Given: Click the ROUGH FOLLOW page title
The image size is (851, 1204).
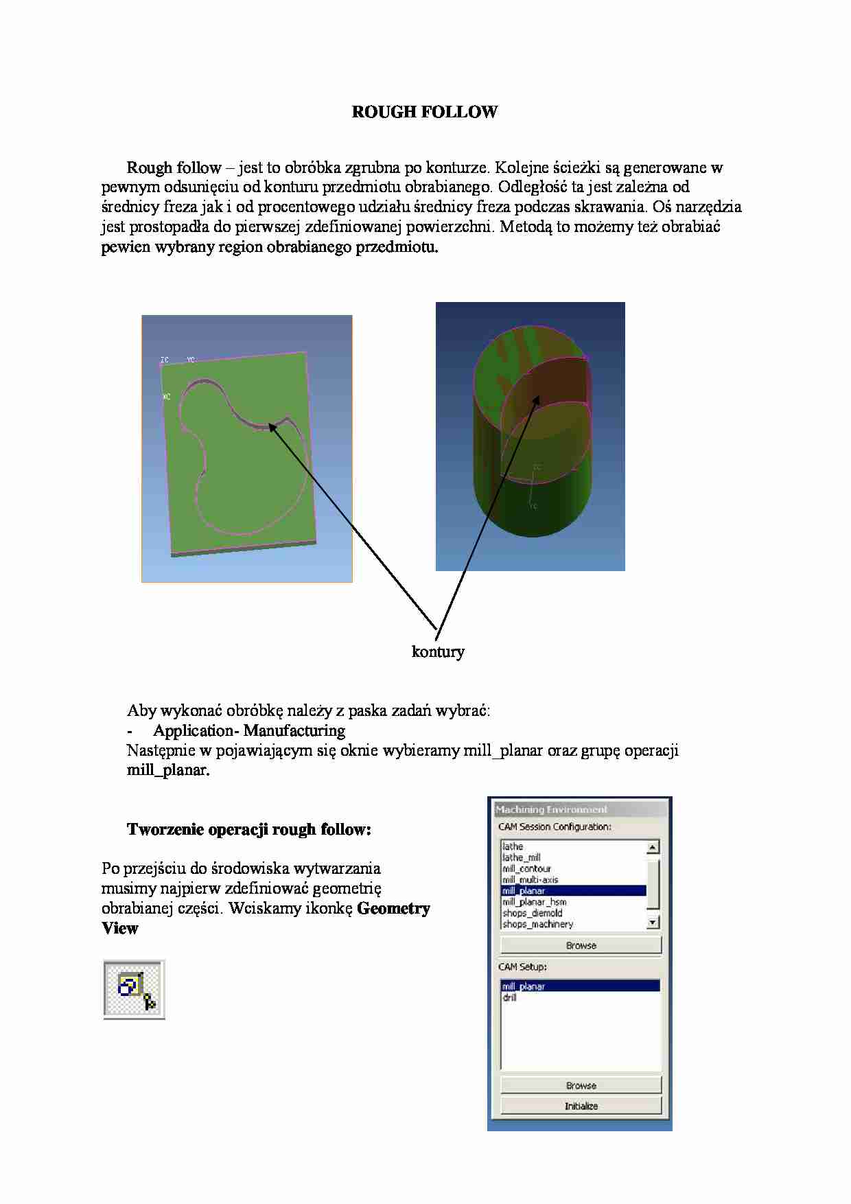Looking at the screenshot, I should point(424,112).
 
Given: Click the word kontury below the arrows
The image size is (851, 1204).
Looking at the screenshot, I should point(438,651).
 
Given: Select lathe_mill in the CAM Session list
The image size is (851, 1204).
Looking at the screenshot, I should point(522,857).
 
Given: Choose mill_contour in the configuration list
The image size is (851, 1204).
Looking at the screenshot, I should point(526,868).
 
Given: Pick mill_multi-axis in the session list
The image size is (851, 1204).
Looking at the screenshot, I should point(530,879).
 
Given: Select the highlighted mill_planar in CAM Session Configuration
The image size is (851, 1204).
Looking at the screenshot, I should point(524,891).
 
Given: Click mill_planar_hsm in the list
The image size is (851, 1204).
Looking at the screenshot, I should point(534,902).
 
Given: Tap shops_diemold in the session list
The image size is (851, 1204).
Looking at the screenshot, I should point(532,913).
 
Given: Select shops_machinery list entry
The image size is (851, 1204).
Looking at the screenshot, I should point(537,924).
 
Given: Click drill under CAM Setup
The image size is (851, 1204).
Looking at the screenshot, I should point(509,997).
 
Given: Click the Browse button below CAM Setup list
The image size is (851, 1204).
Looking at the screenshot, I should point(581,1085).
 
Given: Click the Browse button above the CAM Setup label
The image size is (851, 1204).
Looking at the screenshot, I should point(581,945).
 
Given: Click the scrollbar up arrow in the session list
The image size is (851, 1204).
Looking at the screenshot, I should point(653,847).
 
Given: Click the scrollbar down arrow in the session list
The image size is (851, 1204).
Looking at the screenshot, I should point(653,923).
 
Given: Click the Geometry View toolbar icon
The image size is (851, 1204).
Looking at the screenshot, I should point(135,989).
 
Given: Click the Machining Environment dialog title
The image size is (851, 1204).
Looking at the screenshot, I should point(552,810).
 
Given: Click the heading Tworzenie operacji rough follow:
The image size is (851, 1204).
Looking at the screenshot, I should point(248,829).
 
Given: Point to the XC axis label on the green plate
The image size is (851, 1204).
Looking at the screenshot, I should point(166,397).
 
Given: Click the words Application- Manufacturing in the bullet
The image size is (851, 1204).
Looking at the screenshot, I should point(249,730).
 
